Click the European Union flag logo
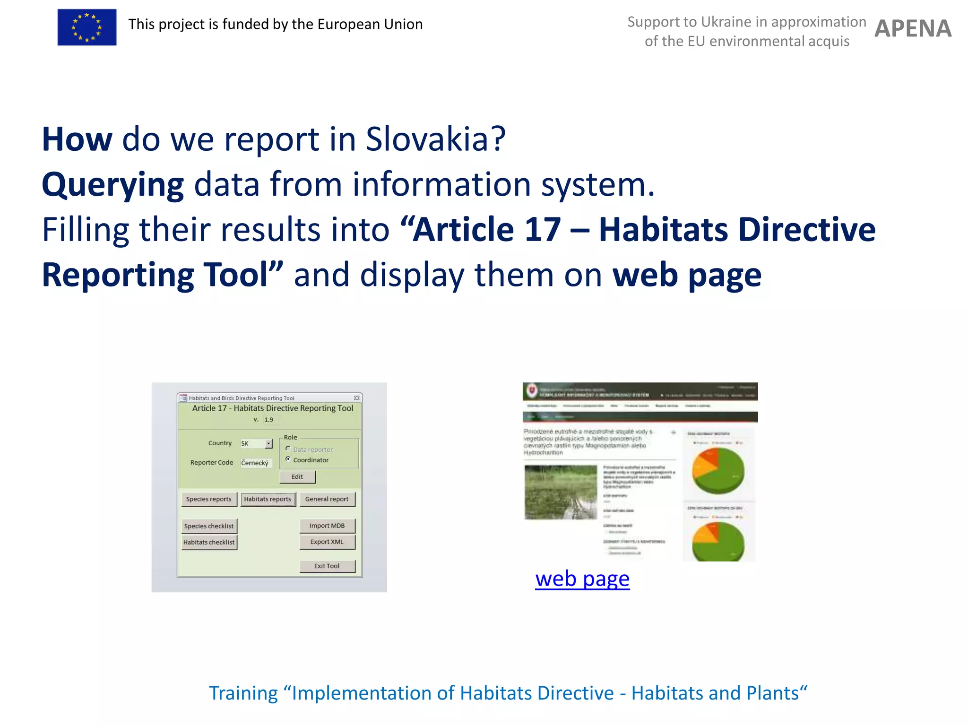point(87,27)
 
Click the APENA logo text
point(913,29)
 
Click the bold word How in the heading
point(77,139)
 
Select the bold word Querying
point(112,184)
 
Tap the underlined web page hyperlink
point(582,579)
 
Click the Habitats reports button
point(268,499)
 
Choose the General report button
point(327,499)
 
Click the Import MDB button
point(327,526)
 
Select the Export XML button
point(327,542)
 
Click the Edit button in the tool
point(297,476)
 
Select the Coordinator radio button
point(288,459)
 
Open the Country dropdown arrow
point(268,443)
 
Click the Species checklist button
point(209,526)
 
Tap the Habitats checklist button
point(209,542)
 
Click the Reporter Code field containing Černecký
point(256,463)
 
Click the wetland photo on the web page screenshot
point(561,492)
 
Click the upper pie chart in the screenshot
point(718,471)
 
